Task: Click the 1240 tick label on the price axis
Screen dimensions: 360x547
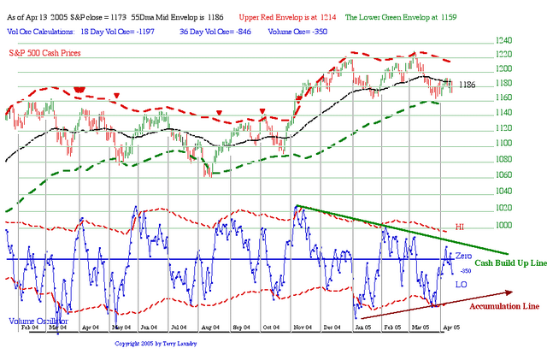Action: click(x=479, y=41)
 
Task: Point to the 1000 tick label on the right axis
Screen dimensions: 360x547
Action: click(x=479, y=225)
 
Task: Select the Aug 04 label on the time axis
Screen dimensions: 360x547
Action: click(x=207, y=327)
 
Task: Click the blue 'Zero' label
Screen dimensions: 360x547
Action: click(x=462, y=257)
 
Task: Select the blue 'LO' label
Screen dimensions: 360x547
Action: click(x=460, y=283)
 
